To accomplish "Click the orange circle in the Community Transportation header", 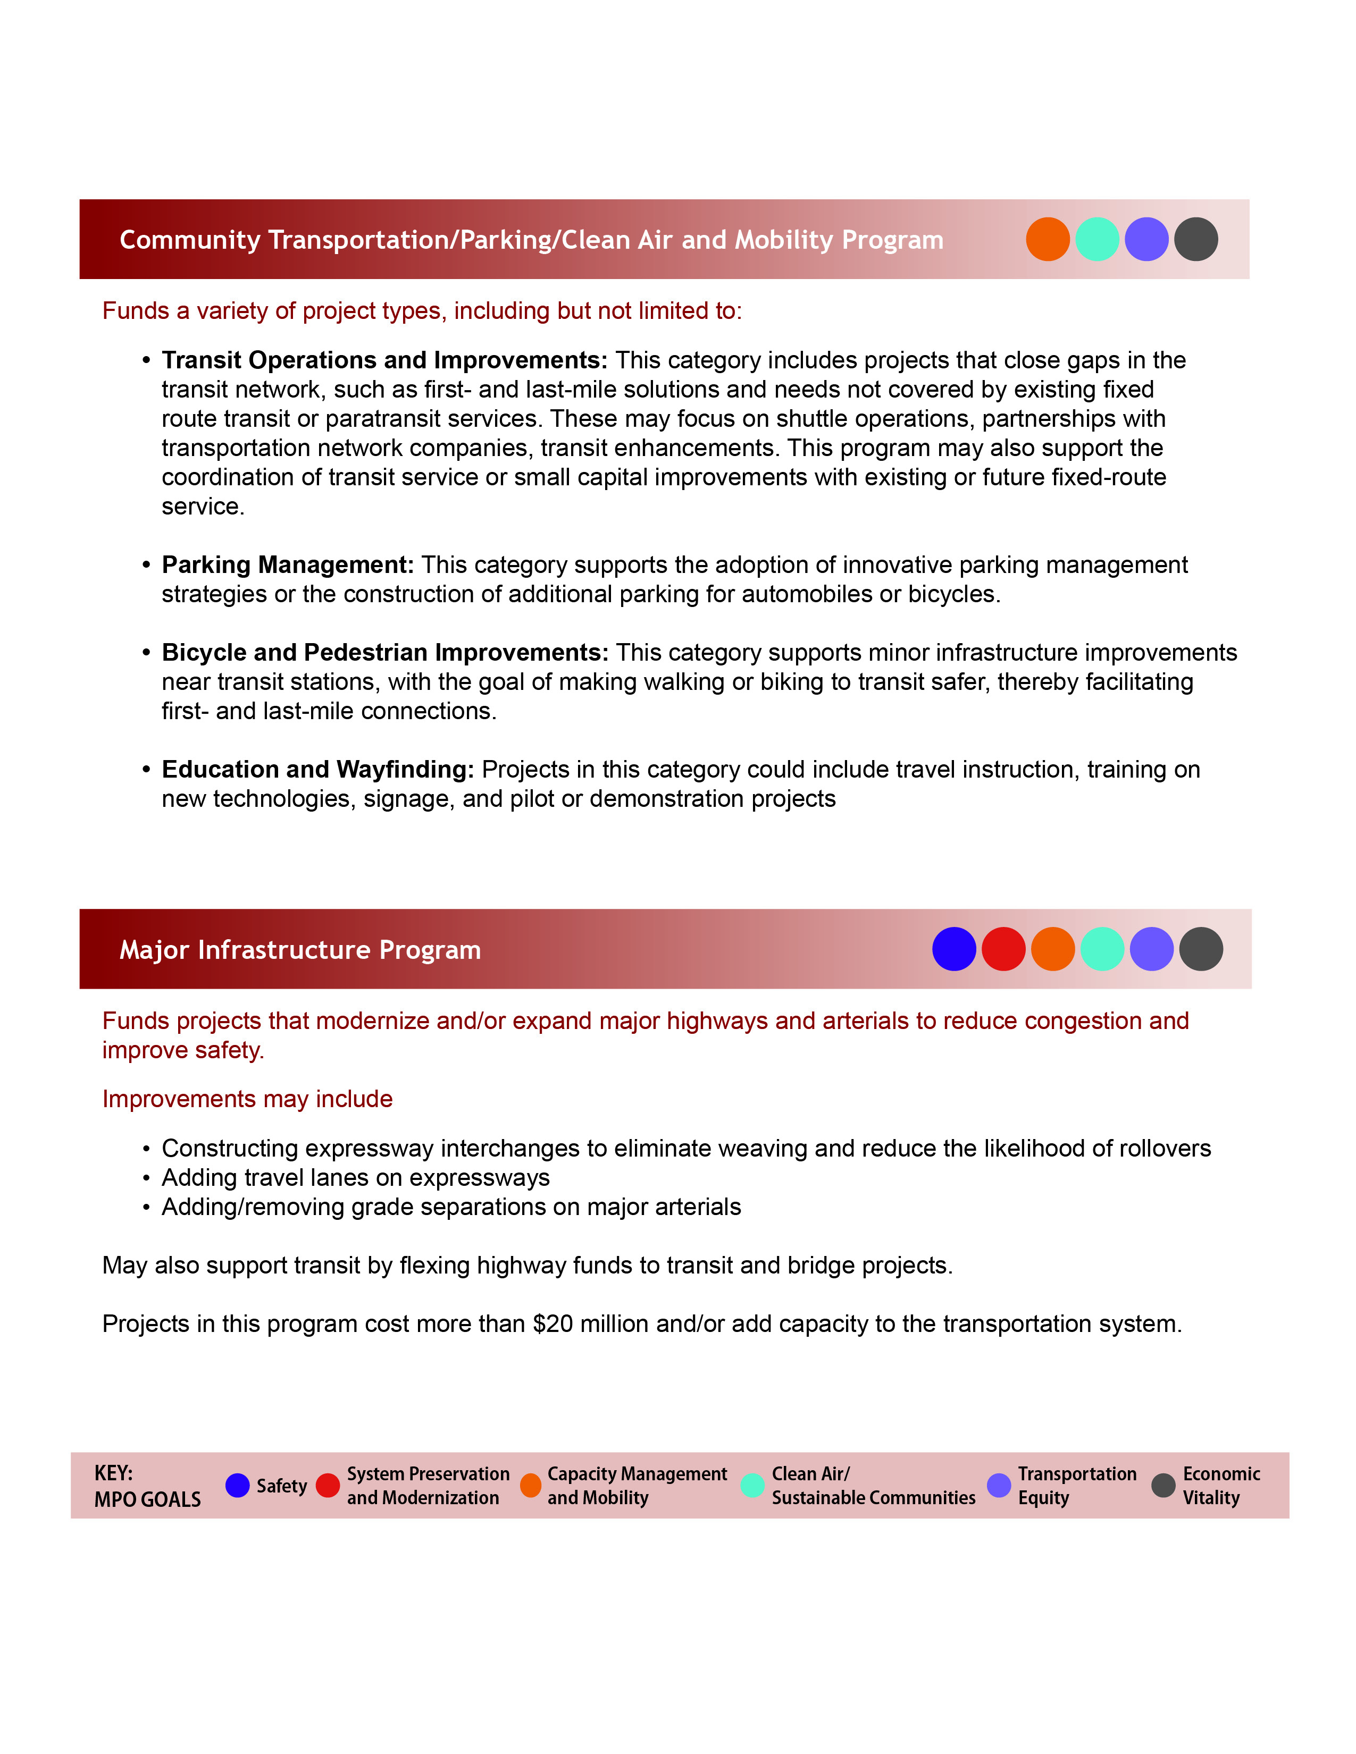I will point(1048,239).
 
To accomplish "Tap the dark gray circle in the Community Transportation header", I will point(1195,239).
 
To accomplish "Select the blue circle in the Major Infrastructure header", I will point(953,949).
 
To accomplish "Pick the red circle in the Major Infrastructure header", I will point(1003,949).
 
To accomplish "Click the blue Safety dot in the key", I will point(237,1485).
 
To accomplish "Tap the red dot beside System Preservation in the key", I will point(328,1485).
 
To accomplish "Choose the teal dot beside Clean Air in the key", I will point(752,1485).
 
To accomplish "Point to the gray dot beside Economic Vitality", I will point(1163,1485).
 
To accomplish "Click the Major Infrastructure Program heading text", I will point(299,950).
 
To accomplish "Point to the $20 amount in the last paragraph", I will point(553,1323).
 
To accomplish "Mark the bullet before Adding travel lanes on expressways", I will point(146,1178).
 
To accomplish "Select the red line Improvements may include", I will point(247,1099).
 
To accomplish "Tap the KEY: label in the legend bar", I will point(113,1473).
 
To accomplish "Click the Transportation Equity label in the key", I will point(1076,1485).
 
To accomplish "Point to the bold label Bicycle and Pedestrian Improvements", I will point(385,652).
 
